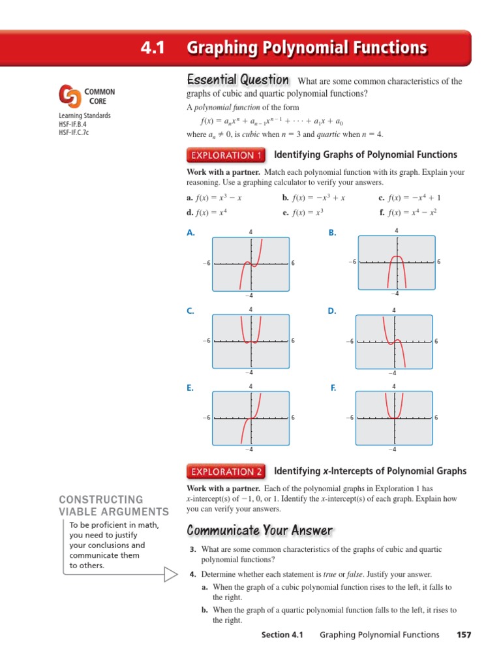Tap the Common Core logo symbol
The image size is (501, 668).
click(69, 97)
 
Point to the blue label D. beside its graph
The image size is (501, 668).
click(332, 312)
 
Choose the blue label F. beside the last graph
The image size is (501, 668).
click(333, 388)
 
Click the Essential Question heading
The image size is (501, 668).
click(238, 80)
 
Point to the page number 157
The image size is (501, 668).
click(464, 635)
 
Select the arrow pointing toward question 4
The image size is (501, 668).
click(170, 574)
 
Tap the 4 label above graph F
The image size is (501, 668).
click(393, 387)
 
